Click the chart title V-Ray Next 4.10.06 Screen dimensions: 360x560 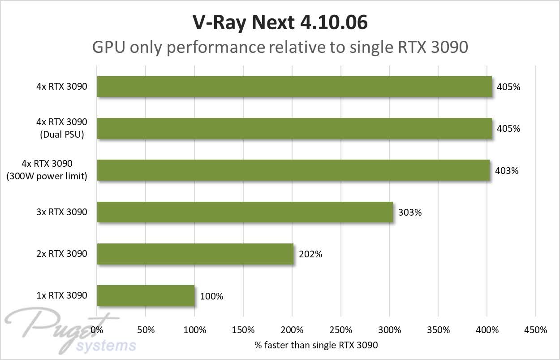tap(280, 23)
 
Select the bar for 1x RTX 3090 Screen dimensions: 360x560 tap(146, 296)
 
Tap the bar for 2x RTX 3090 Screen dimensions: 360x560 tap(195, 254)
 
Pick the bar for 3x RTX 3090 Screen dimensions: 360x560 tap(245, 212)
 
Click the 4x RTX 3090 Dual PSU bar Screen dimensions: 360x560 tap(294, 129)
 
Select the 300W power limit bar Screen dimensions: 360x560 tap(293, 170)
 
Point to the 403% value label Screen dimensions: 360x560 tap(507, 171)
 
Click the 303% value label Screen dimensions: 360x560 tap(410, 213)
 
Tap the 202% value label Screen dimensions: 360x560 tap(310, 254)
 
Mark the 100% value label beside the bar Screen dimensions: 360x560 tap(211, 296)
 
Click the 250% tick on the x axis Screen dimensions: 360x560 tap(340, 330)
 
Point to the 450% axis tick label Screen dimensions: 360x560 tap(535, 330)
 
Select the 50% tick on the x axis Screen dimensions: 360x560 tap(146, 330)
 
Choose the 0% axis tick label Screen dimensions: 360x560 tap(97, 330)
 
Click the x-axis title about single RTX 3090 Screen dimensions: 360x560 tap(316, 345)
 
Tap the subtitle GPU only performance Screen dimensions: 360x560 tap(280, 47)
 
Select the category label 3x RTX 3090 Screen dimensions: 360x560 tap(62, 212)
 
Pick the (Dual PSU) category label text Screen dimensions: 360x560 tap(62, 134)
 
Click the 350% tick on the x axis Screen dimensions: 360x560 tap(438, 330)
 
